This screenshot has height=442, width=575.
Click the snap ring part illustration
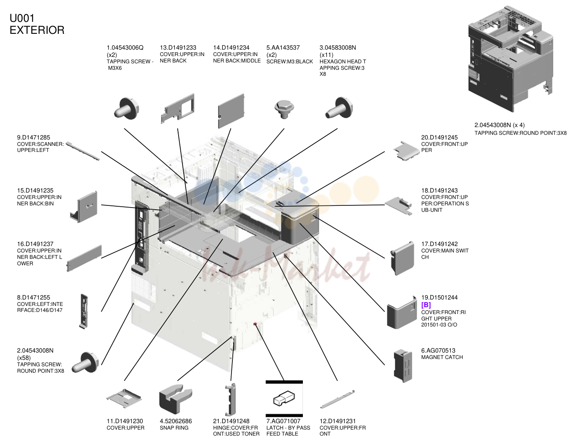(176, 398)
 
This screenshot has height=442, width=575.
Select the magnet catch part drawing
(403, 366)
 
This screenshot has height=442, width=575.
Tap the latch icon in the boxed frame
(284, 398)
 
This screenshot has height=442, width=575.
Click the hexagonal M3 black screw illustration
(284, 109)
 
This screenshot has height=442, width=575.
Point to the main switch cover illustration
(402, 258)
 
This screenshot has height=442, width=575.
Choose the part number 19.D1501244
(439, 297)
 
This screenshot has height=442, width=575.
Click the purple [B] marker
(426, 305)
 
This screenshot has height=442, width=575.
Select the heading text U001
(22, 18)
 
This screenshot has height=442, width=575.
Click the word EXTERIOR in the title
(37, 30)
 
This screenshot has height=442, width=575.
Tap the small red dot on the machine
(255, 324)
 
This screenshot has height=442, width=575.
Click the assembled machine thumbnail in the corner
(510, 58)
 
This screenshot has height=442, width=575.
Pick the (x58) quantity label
(24, 357)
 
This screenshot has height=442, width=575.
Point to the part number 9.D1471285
(33, 137)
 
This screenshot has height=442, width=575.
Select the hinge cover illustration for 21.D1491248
(230, 399)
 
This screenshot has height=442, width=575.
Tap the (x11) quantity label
(326, 55)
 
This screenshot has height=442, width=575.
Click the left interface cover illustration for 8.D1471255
(84, 311)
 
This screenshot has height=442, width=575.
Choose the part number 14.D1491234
(231, 47)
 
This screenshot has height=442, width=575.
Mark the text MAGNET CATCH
(442, 357)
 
